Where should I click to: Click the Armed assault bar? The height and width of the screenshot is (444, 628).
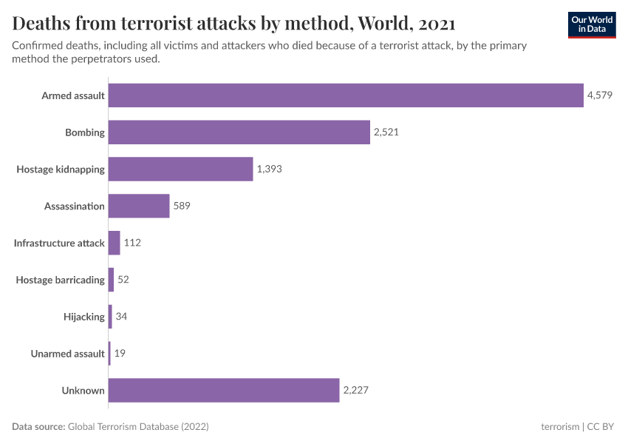tap(346, 95)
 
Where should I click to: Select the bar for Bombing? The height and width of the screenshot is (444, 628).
tap(239, 132)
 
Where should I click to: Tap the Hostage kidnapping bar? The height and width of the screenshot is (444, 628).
tap(180, 169)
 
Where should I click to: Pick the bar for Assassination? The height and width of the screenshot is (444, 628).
tap(139, 206)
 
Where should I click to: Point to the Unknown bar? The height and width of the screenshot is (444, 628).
tap(224, 391)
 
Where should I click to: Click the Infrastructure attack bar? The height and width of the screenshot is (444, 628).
tap(115, 243)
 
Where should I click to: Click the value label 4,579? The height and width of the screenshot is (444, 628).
tap(600, 95)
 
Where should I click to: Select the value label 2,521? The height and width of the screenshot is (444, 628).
tap(386, 132)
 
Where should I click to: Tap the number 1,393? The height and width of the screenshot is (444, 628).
tap(270, 169)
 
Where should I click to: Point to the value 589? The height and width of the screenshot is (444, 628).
tap(182, 206)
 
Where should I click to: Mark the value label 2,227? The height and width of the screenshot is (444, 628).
tap(356, 391)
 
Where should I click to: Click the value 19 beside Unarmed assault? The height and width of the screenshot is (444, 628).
tap(120, 354)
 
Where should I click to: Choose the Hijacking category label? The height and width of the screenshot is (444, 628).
tap(84, 317)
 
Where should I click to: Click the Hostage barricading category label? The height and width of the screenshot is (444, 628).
tap(61, 280)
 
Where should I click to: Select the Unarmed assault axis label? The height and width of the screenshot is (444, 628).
tap(67, 354)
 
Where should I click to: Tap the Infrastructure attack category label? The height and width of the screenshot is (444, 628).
tap(59, 243)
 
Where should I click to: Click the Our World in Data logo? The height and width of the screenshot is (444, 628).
tap(591, 24)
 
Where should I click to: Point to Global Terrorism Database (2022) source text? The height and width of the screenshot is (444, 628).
tap(138, 427)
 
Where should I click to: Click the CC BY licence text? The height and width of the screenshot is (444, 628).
tap(601, 427)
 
